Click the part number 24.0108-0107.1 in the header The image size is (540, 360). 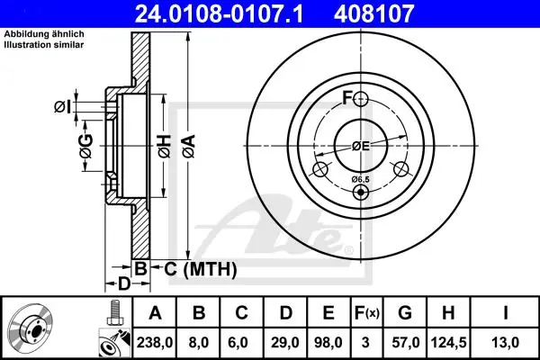coord(219,13)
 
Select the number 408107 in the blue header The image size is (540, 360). coord(373,13)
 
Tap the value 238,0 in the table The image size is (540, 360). coord(155,342)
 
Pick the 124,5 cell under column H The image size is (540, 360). coord(448,342)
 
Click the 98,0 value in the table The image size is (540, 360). coord(328,342)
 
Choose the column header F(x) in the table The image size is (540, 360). coord(366,313)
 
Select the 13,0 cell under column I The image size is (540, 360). coord(505,342)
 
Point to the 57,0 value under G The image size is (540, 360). coord(405,342)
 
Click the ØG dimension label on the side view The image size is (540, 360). coord(86,146)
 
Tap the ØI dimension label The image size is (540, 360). coord(62,107)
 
